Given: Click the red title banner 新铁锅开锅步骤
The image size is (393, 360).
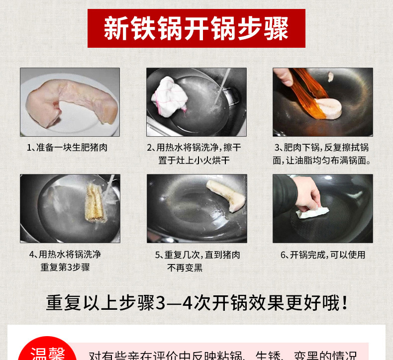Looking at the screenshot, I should point(196,28).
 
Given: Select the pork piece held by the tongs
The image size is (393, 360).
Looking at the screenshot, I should point(328,108).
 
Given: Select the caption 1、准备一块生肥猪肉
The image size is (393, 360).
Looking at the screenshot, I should point(67,148).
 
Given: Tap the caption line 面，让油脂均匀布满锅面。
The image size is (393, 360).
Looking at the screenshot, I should point(322,161).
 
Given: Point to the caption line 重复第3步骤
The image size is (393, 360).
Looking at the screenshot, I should point(65,268).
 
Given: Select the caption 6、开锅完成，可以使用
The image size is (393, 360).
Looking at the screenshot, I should point(323,255).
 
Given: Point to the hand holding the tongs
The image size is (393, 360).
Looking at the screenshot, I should point(284,77).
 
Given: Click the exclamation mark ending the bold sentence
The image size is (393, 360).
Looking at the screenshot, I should point(345,303).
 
